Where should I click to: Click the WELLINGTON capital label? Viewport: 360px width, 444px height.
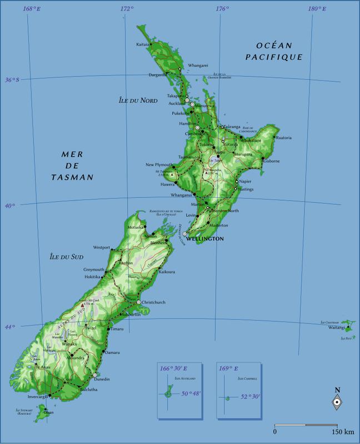pos(206,238)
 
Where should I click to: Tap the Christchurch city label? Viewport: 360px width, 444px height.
pos(154,302)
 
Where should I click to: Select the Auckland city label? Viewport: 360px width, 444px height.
pos(177,104)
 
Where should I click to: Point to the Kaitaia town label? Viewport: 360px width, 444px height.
pos(143,44)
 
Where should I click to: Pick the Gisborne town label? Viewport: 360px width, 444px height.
pos(272,161)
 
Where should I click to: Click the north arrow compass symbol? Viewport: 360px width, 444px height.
pos(337,402)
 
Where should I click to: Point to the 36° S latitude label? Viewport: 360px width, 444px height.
pos(12,80)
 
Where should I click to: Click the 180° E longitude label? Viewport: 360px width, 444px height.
pos(317,9)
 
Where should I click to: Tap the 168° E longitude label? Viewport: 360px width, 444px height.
pos(31,9)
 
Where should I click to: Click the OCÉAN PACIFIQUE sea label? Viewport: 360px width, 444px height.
pos(274,51)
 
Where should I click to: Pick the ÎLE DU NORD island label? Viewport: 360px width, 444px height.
pos(138,101)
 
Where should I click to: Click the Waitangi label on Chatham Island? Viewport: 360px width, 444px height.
pos(337,328)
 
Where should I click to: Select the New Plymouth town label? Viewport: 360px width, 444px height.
pos(159,164)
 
